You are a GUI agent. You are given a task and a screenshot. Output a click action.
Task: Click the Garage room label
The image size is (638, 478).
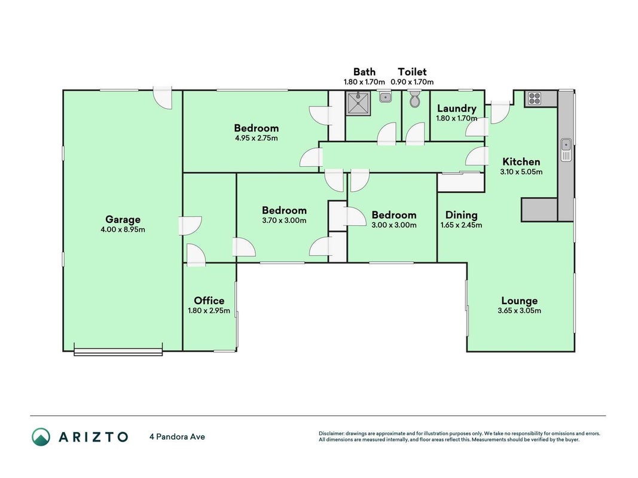click(x=123, y=219)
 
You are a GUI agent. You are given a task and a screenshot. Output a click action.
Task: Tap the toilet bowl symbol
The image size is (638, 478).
click(x=414, y=99)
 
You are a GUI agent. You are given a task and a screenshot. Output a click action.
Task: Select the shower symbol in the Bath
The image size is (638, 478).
click(x=358, y=103)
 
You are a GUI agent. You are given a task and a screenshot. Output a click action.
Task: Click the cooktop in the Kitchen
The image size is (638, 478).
click(x=535, y=99)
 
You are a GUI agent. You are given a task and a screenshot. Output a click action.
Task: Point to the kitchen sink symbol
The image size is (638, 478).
click(x=566, y=150)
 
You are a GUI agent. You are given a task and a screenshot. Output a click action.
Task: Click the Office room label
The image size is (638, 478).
click(x=209, y=301)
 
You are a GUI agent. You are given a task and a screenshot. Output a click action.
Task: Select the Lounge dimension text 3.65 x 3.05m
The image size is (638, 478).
click(x=520, y=311)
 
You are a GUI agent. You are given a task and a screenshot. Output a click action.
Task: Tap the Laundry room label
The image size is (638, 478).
click(x=457, y=109)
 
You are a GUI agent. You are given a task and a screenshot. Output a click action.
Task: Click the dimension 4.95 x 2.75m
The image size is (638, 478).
click(x=257, y=138)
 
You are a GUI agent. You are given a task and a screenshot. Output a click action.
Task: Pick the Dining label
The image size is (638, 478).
click(x=462, y=215)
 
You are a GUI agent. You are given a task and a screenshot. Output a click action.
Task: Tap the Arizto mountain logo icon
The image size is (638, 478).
click(x=41, y=437)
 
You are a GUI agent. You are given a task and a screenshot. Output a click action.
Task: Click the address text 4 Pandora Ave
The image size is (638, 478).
click(x=178, y=437)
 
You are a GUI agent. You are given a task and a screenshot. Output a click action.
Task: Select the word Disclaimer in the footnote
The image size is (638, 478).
click(x=331, y=434)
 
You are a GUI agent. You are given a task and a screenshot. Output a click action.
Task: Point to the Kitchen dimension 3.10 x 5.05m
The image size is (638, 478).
click(x=521, y=172)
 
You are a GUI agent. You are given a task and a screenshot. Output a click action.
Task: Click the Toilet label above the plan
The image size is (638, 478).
click(x=412, y=72)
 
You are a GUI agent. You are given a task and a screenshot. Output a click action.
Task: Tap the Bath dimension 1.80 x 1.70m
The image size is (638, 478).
click(x=364, y=82)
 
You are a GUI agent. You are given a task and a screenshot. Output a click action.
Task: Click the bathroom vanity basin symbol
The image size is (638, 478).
click(x=385, y=97)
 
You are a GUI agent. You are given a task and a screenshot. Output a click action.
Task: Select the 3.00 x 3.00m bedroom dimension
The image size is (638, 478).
click(x=394, y=225)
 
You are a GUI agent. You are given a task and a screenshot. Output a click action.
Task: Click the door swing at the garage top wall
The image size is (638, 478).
click(x=163, y=99)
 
